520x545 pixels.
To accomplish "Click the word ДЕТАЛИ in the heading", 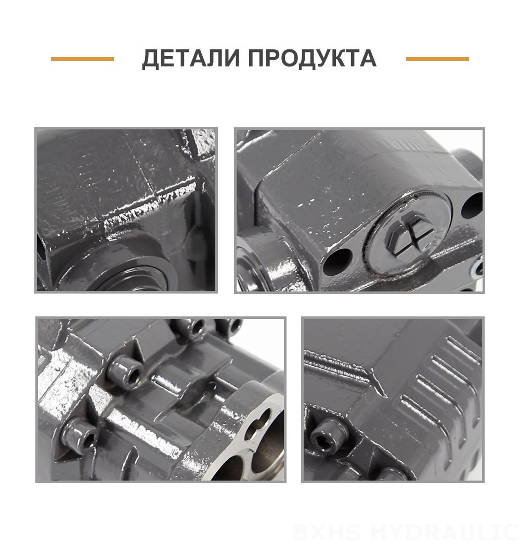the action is (x=191, y=58).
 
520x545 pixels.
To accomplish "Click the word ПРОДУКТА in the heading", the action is (x=313, y=58).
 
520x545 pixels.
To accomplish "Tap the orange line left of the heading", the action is (x=82, y=59).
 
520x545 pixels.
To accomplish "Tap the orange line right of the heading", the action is (x=437, y=59).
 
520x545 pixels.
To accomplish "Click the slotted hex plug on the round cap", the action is (x=411, y=236).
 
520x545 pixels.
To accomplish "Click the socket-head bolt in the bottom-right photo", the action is (x=328, y=436).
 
